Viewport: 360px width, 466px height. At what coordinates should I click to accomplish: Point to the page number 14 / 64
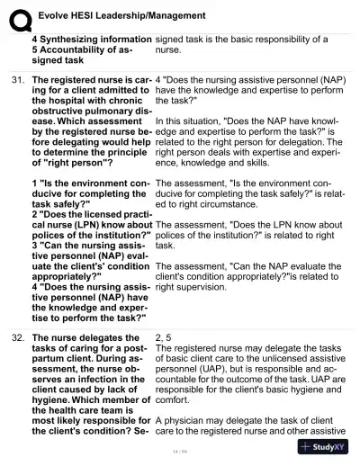coord(180,451)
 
